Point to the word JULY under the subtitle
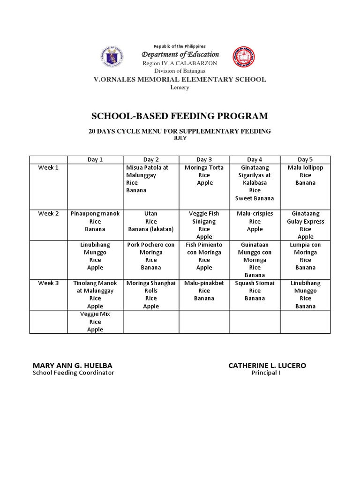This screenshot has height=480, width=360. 180,138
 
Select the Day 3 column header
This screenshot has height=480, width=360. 204,159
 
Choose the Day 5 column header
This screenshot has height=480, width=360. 305,159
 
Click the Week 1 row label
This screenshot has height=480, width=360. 48,167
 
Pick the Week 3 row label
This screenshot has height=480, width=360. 48,283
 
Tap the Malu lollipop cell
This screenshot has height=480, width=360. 305,175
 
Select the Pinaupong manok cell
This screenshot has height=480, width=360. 95,221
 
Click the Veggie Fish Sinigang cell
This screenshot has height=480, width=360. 204,225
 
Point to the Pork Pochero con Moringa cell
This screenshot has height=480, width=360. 150,256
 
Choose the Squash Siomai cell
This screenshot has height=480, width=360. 255,291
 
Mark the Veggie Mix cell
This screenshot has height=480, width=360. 95,322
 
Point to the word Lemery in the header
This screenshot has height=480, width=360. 180,88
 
